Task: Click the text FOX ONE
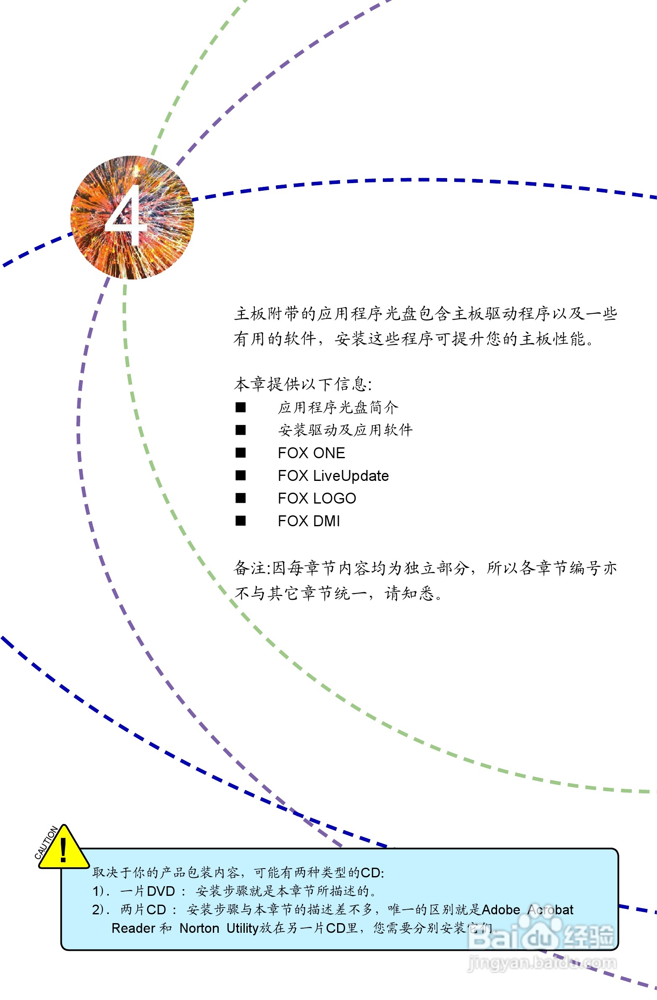[x=311, y=453]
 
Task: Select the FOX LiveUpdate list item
[x=333, y=475]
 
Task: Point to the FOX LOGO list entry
[x=317, y=498]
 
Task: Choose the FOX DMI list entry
[x=309, y=521]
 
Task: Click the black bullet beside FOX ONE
[x=241, y=452]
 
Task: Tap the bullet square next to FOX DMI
[x=241, y=521]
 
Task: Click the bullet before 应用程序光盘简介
[x=241, y=407]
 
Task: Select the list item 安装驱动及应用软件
[x=345, y=430]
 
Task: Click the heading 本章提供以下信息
[x=302, y=384]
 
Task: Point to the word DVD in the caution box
[x=161, y=891]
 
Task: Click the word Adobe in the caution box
[x=501, y=910]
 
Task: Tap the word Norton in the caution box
[x=199, y=928]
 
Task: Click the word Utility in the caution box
[x=242, y=928]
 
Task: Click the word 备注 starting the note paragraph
[x=250, y=568]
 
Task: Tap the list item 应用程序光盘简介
[x=338, y=407]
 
